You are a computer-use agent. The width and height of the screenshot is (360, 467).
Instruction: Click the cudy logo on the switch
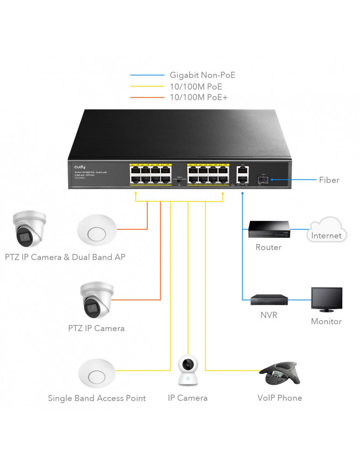79,167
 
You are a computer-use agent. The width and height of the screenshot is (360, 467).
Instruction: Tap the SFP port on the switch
262,179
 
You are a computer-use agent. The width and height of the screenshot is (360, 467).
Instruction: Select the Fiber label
329,179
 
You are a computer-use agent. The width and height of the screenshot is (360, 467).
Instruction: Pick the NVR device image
269,300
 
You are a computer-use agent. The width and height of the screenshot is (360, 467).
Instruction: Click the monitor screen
326,299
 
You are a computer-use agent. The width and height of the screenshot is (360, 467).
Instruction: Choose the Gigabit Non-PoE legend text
202,75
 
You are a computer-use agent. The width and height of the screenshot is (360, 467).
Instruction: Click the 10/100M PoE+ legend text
199,97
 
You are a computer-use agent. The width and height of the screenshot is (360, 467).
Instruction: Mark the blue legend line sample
148,75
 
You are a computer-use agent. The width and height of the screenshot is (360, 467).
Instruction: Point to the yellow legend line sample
148,86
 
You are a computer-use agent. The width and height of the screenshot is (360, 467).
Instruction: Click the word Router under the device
268,248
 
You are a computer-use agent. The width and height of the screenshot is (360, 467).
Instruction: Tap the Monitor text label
326,321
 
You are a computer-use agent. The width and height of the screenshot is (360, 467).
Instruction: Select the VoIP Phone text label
280,398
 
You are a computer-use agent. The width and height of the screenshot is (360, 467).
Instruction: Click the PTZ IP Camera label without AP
96,328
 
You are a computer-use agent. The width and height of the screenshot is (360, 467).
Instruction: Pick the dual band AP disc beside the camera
97,230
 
